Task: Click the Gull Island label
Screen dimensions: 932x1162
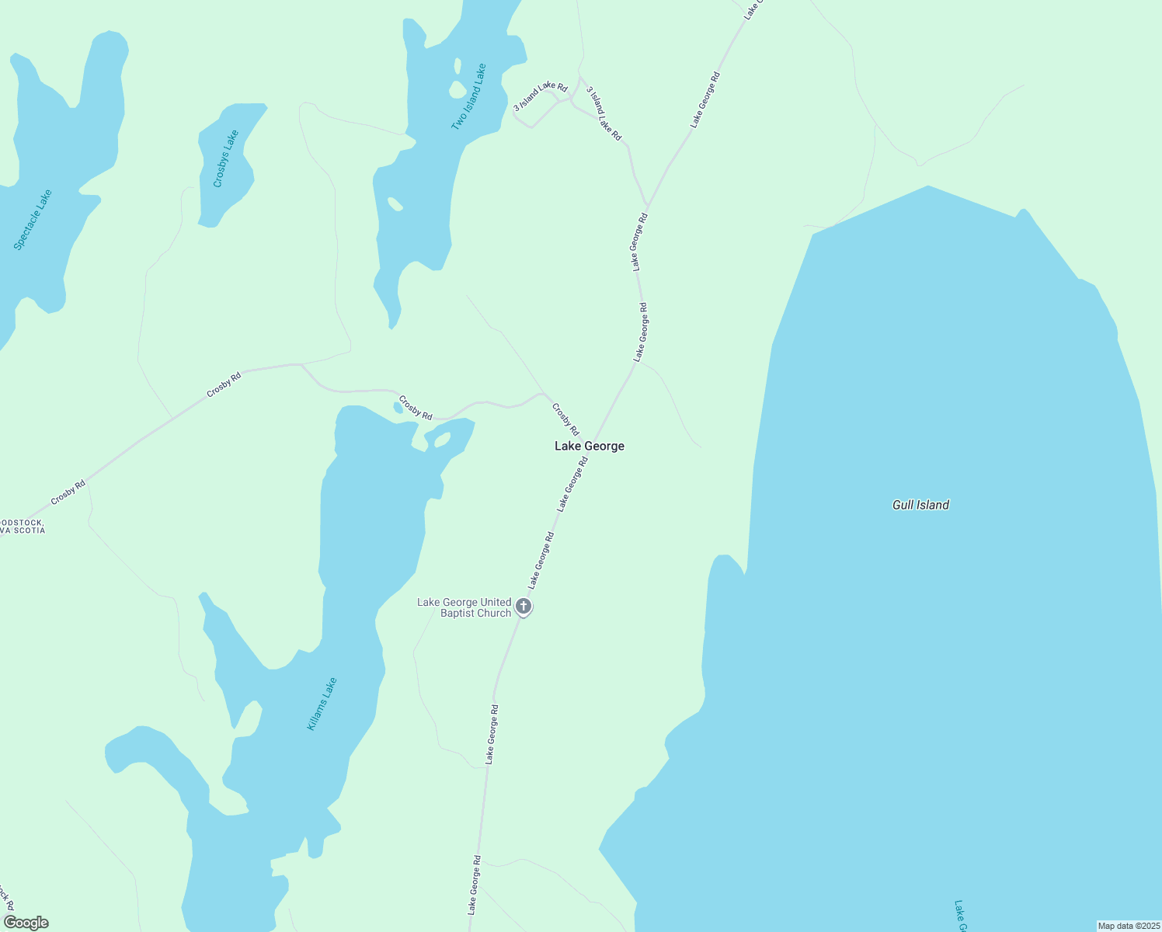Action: (920, 505)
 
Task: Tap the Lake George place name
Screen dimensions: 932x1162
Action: (589, 446)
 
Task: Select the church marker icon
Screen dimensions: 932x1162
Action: (524, 607)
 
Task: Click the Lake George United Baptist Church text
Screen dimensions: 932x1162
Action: (464, 607)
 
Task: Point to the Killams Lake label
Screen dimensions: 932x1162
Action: (322, 704)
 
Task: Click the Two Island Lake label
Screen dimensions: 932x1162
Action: (469, 97)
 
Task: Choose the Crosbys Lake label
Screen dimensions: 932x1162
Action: (225, 158)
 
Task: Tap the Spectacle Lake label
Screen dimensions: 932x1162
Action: (33, 219)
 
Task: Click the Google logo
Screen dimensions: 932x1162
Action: (26, 923)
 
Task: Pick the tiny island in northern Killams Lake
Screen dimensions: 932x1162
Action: (442, 440)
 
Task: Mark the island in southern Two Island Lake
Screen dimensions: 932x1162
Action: (395, 204)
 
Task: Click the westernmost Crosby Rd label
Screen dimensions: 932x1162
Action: (68, 492)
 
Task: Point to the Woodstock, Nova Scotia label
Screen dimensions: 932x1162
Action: (23, 527)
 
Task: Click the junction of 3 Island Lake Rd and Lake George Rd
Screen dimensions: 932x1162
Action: (647, 206)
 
